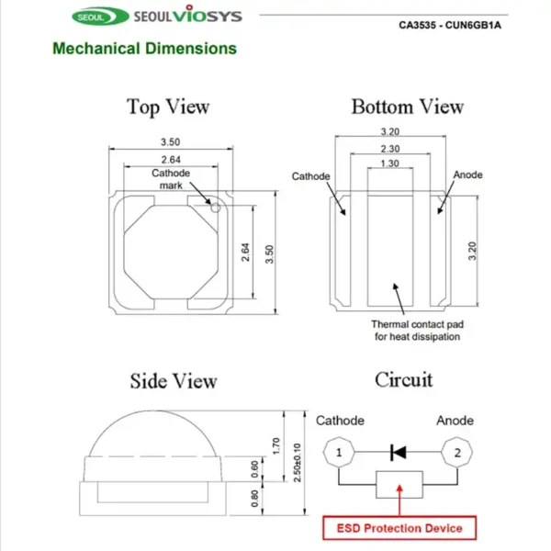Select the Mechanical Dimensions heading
point(144,49)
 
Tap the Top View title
point(168,107)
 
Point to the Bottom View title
point(407,107)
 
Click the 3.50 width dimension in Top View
point(170,142)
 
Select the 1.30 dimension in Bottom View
point(389,163)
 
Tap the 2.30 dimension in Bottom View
point(389,149)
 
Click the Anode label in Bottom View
point(467,175)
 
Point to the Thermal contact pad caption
point(415,331)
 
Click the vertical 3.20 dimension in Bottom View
point(472,250)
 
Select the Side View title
point(174,380)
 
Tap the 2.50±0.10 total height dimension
point(296,460)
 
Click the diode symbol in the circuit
point(399,452)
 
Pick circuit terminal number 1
point(339,452)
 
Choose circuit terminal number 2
point(453,452)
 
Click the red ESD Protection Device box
point(399,528)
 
